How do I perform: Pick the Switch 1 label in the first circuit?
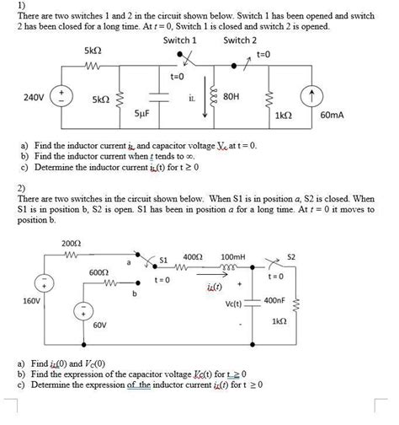(179, 40)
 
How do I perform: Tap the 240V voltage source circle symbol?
(61, 92)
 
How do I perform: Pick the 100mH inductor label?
(232, 256)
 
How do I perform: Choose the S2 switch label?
(291, 256)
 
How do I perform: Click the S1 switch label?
(164, 259)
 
